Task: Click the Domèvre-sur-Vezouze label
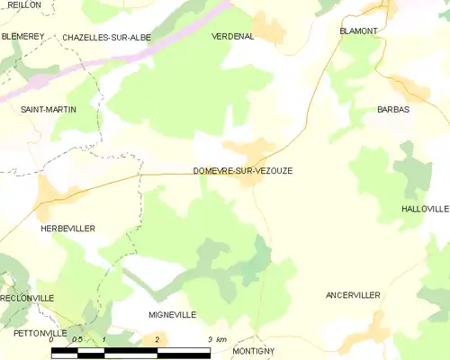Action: point(242,170)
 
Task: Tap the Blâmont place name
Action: point(358,31)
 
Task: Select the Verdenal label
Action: point(232,37)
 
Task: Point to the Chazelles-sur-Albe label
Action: point(106,38)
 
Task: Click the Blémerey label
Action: point(22,36)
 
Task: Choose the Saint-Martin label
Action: point(49,109)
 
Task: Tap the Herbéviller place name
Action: point(67,229)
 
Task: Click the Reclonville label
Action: point(27,297)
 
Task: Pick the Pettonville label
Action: point(40,333)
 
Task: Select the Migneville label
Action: point(172,315)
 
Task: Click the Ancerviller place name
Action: point(353,295)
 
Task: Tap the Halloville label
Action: point(425,209)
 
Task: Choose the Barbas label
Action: point(393,109)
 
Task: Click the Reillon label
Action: point(24,4)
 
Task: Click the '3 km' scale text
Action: point(216,339)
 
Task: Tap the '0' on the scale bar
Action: point(52,339)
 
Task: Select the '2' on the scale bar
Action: point(157,339)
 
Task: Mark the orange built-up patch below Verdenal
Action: point(268,28)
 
